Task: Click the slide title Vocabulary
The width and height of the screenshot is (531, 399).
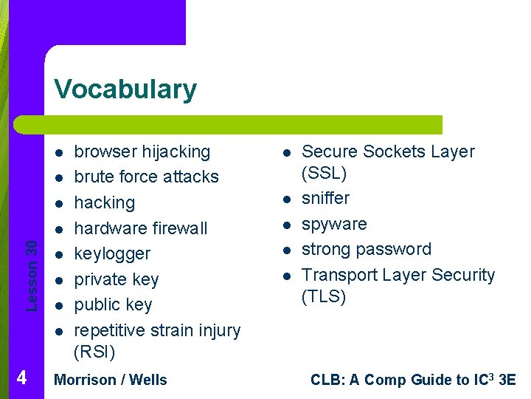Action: click(x=125, y=89)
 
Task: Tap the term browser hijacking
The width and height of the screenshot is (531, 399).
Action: click(x=142, y=151)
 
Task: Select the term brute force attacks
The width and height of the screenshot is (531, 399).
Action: click(x=147, y=177)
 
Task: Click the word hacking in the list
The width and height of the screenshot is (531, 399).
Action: click(x=105, y=202)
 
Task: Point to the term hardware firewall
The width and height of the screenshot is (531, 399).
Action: click(x=141, y=228)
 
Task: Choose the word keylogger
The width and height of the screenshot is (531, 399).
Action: click(x=112, y=253)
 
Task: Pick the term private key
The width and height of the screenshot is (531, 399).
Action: click(x=117, y=279)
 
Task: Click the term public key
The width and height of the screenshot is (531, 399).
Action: click(x=113, y=304)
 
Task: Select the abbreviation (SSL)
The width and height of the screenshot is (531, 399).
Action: click(x=324, y=174)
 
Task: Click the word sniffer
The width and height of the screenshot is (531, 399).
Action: click(x=326, y=198)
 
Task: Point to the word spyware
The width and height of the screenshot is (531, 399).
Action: click(x=334, y=224)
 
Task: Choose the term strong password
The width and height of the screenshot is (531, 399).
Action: click(x=367, y=249)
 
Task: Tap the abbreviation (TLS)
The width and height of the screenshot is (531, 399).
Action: click(x=324, y=297)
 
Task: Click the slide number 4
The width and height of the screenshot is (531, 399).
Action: click(x=21, y=378)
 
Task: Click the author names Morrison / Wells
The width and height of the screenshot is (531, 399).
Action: click(x=111, y=380)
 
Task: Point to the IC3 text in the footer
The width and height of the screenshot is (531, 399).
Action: click(x=486, y=380)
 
